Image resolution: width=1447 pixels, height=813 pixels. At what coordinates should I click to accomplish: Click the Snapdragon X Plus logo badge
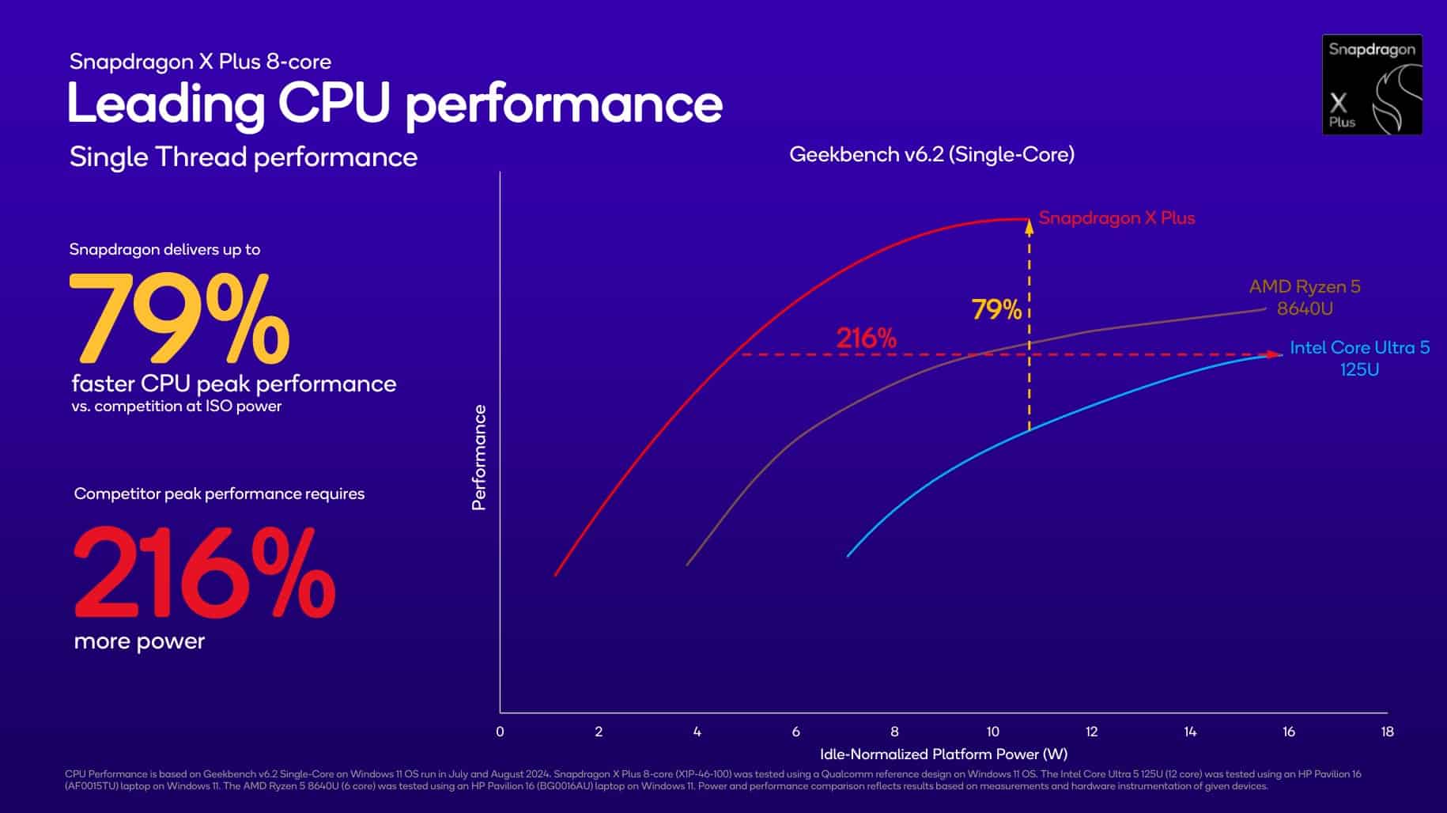[1372, 85]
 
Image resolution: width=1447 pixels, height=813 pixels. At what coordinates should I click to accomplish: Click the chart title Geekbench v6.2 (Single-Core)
[931, 154]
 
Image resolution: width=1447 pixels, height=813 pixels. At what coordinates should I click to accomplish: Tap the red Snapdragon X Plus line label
[1116, 218]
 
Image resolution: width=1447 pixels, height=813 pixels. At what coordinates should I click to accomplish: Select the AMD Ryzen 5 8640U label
[1305, 297]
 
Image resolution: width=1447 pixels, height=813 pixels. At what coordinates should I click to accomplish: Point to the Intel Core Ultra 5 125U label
[1359, 358]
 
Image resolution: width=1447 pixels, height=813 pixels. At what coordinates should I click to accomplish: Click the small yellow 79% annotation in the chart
[996, 309]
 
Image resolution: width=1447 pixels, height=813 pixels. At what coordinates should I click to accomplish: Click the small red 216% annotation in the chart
[866, 338]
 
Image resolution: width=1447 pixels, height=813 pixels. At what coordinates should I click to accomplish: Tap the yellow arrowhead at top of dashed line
[1029, 229]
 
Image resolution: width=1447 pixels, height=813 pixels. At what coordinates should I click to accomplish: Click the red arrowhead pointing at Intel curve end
[1274, 354]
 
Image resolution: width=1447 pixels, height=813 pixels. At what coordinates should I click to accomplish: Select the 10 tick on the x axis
[992, 732]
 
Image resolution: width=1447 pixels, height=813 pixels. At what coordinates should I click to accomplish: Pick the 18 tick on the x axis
[1387, 732]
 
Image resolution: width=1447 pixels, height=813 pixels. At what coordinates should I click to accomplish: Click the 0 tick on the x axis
[500, 732]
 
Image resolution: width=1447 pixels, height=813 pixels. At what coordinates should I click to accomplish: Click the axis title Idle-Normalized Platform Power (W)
[943, 754]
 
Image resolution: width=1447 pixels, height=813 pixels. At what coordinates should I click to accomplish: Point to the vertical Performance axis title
[478, 457]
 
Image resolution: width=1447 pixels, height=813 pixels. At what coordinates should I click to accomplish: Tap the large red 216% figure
[204, 574]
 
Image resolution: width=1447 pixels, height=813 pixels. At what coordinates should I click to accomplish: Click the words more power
[139, 641]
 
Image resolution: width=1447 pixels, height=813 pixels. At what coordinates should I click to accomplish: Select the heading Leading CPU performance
[395, 104]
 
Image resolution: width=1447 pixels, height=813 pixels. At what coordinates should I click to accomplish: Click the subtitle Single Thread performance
[243, 157]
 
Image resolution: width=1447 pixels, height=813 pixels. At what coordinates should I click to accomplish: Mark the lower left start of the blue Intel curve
[849, 555]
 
